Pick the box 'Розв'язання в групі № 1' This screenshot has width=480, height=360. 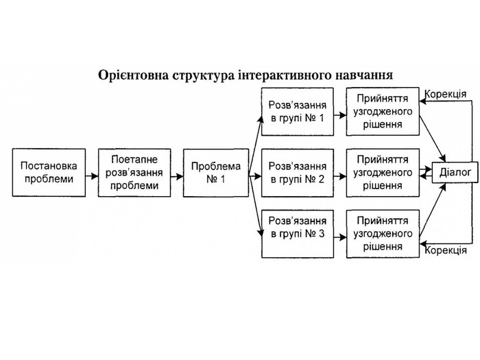pyautogui.click(x=298, y=112)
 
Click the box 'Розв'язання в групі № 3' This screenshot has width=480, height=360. pyautogui.click(x=298, y=228)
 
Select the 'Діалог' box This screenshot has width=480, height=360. pyautogui.click(x=452, y=172)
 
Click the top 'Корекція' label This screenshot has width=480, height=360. pyautogui.click(x=446, y=93)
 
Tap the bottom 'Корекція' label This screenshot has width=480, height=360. pyautogui.click(x=446, y=251)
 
